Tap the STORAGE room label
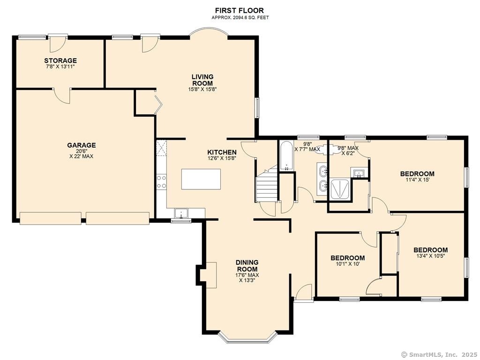pos(60,60)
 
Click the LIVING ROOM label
pos(202,80)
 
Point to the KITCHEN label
pos(222,152)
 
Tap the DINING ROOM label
pos(247,266)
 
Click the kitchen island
pos(201,179)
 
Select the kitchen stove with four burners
pos(161,181)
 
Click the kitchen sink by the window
pos(181,213)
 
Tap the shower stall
pos(340,190)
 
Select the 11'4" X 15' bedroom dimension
pos(417,180)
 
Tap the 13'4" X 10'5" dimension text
pos(430,256)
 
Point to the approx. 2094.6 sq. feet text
pos(240,18)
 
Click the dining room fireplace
pos(209,275)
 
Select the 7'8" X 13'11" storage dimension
pos(60,66)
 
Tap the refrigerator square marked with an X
pos(161,148)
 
